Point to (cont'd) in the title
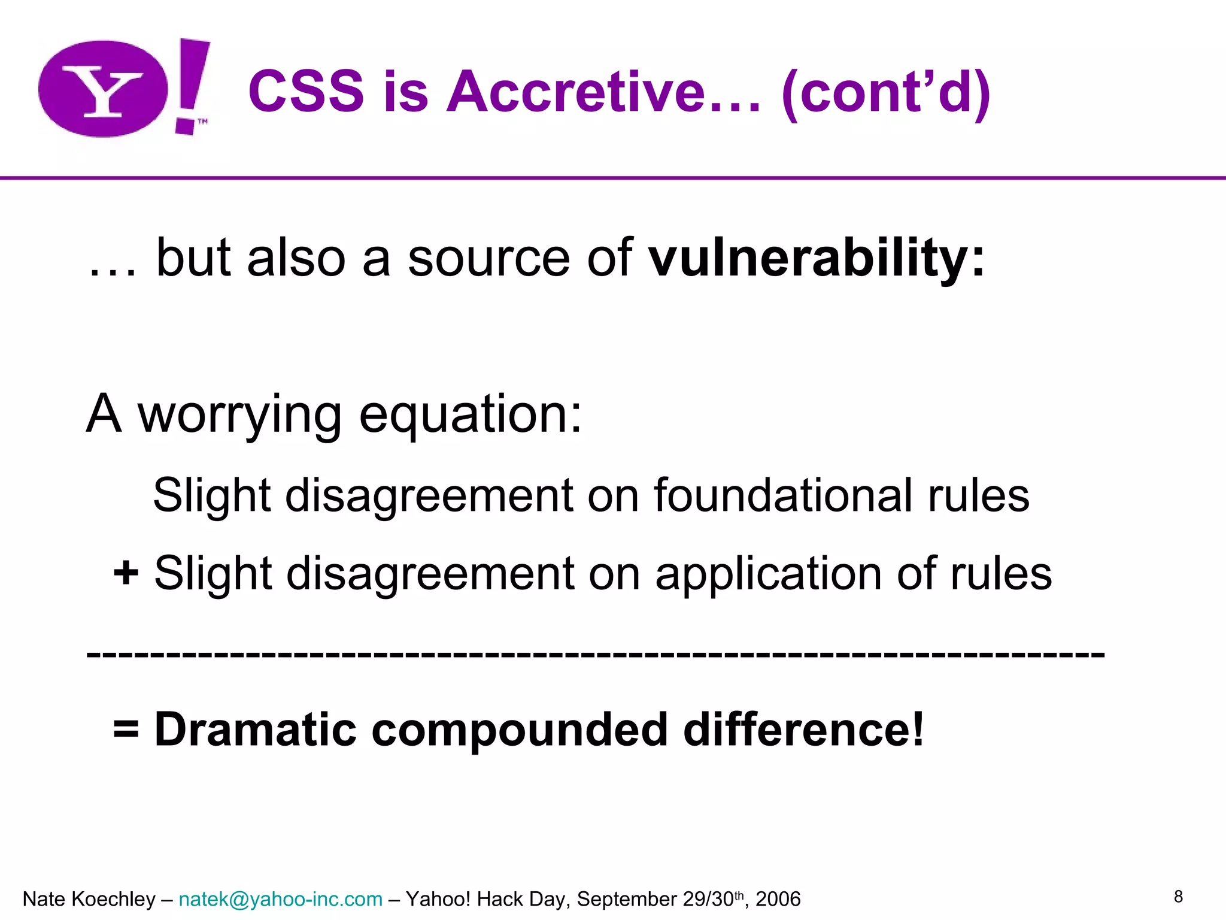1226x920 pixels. pos(886,93)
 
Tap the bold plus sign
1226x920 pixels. pos(126,573)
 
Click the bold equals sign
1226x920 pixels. pos(126,730)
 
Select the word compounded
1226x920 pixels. pos(519,730)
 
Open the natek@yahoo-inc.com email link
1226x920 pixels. pos(280,899)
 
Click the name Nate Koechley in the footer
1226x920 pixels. pos(89,899)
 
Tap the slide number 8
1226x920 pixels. pos(1178,897)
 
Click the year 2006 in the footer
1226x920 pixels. pos(778,899)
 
